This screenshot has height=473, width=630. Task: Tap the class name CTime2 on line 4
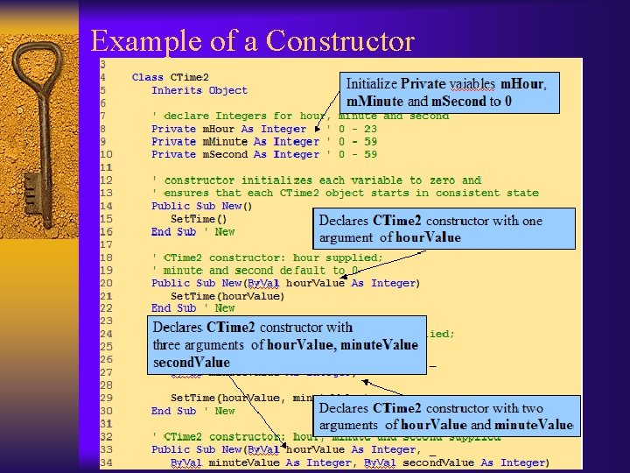click(x=189, y=77)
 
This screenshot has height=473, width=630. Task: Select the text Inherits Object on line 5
click(x=199, y=90)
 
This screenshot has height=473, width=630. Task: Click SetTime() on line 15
click(x=199, y=219)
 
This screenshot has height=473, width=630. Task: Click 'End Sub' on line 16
click(x=173, y=231)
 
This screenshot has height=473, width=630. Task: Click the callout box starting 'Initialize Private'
click(x=449, y=93)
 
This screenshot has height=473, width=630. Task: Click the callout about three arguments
click(x=286, y=344)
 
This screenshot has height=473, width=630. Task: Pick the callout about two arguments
click(x=446, y=417)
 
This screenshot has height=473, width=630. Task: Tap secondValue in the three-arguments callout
click(x=192, y=362)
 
